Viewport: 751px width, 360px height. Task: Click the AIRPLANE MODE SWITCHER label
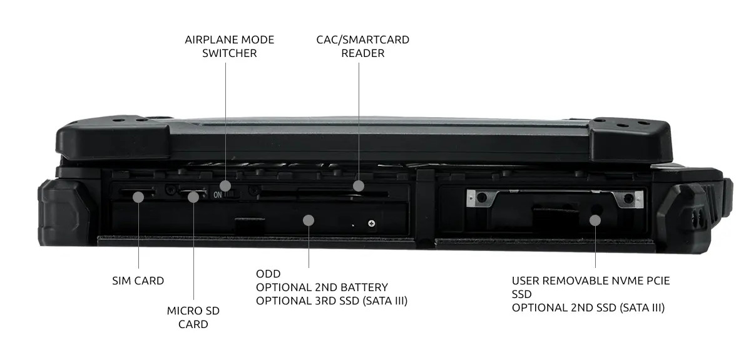230,46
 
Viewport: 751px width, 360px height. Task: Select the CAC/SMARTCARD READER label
363,46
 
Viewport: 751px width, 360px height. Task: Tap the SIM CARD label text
138,281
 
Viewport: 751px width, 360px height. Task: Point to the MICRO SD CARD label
193,317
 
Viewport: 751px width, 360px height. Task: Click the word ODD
268,274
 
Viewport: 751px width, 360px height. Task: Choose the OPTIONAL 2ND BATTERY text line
322,287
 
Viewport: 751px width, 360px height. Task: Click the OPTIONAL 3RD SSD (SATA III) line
332,301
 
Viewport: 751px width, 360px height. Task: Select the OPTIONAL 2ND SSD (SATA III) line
588,307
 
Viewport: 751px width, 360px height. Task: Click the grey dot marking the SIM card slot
138,197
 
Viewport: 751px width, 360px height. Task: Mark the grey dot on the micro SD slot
193,197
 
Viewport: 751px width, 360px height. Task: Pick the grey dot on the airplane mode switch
225,185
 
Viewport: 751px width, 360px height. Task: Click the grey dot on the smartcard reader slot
359,185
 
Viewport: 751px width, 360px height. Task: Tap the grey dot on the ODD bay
309,220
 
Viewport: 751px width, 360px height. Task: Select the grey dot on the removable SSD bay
595,220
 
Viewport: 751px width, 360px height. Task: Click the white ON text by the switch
218,195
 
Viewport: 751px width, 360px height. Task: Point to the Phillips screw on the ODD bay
372,224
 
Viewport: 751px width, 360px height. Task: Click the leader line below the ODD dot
309,247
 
